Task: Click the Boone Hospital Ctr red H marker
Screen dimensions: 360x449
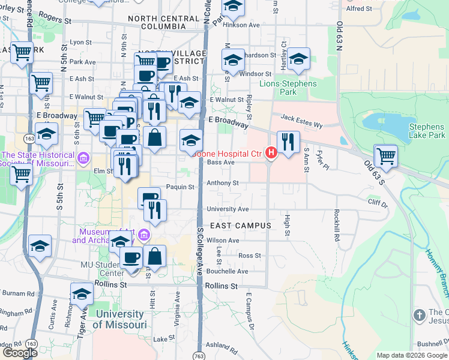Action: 271,154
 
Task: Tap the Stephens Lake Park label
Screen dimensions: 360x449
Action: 426,131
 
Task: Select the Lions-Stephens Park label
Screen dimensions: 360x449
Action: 288,88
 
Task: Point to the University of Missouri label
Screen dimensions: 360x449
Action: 119,319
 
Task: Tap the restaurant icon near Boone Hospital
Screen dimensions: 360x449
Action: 288,142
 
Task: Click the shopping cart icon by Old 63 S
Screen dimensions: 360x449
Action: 385,156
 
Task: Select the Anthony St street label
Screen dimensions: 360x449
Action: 223,184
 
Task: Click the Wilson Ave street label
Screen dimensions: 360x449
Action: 223,241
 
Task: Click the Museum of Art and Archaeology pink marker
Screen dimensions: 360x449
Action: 143,234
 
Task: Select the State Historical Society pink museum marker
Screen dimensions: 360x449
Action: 83,159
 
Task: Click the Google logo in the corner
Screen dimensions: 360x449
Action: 20,352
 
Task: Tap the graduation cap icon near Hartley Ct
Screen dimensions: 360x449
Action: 298,59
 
